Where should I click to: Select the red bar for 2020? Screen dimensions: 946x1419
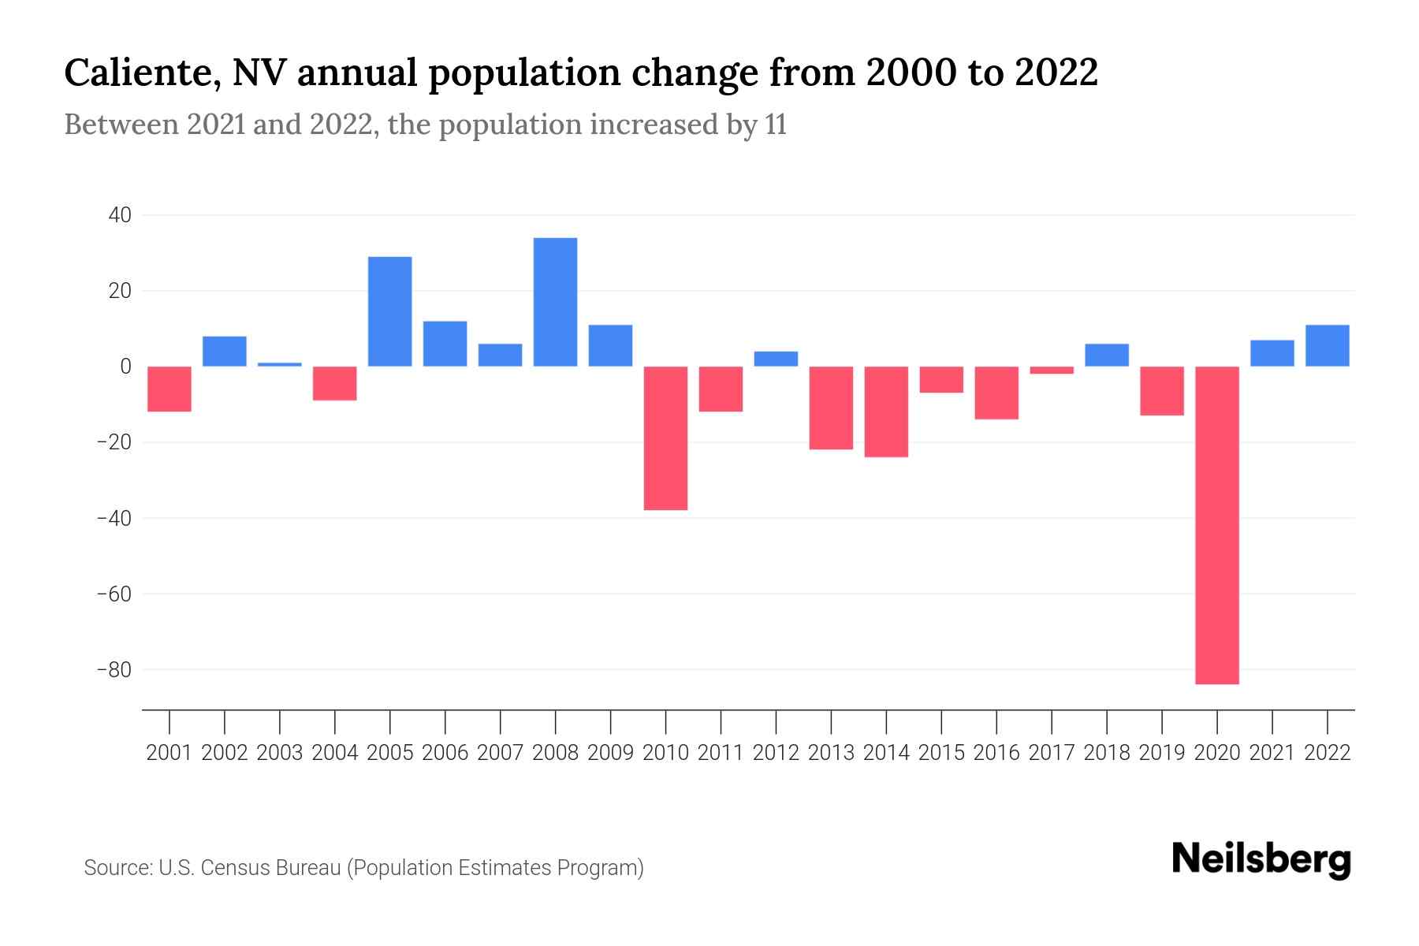[1217, 525]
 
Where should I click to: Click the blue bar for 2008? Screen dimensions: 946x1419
[555, 302]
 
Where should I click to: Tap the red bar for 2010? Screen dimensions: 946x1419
[665, 438]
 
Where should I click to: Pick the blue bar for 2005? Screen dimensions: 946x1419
[389, 311]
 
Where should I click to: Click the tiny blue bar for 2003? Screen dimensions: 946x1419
[280, 364]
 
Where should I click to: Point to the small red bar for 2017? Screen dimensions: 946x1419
[1052, 370]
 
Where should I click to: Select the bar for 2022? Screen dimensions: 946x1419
[1328, 345]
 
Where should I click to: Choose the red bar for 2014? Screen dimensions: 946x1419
[886, 412]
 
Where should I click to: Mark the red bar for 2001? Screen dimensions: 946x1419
[169, 389]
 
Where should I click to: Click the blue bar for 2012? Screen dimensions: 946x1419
[776, 359]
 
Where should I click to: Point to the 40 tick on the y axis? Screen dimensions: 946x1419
[120, 215]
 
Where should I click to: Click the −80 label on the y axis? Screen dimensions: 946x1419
[114, 670]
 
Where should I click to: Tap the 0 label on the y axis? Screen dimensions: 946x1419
[125, 367]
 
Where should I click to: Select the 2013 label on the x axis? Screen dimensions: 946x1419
[831, 753]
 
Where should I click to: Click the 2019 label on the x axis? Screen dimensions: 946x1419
[1162, 753]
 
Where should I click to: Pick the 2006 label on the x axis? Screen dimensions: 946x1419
[445, 753]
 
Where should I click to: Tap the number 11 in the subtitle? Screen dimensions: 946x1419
[775, 125]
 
